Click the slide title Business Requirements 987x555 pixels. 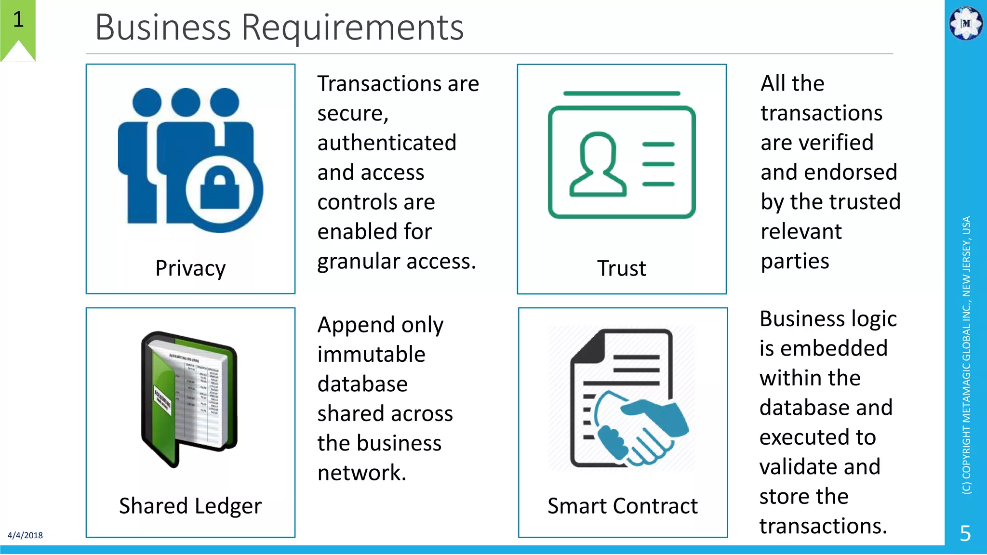coord(279,27)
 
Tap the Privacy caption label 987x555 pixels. coord(190,268)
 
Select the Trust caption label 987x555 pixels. coord(621,268)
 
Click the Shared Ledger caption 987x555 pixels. coord(190,506)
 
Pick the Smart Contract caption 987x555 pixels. coord(622,506)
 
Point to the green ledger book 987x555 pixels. coord(188,397)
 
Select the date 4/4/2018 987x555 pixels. coord(25,535)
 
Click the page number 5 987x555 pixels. coord(965,533)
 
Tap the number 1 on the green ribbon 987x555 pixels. coord(18,20)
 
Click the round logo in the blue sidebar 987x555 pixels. coord(965,23)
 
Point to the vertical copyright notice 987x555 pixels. coord(966,355)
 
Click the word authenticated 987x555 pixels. coord(387,143)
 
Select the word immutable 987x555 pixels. coord(371,355)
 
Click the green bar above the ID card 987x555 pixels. coord(621,93)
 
